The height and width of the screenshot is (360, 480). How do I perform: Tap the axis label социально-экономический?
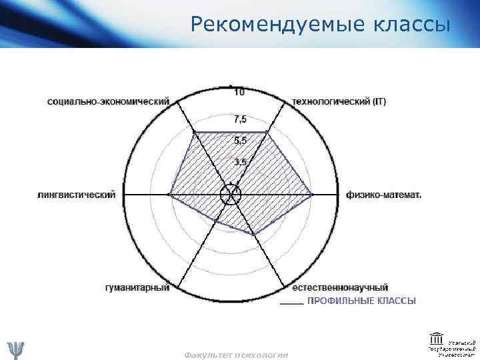pos(108,102)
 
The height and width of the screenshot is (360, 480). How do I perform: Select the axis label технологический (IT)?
pos(339,102)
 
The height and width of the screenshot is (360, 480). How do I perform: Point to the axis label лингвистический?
pos(76,195)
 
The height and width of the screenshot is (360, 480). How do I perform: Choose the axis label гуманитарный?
pos(137,287)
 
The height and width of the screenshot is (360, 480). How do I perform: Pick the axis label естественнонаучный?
pos(341,287)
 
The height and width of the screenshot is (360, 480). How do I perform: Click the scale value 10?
pos(239,92)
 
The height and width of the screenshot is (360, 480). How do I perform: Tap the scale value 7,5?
pos(239,119)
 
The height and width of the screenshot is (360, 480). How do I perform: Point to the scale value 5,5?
pos(239,141)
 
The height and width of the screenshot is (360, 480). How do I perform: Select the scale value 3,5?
pos(239,162)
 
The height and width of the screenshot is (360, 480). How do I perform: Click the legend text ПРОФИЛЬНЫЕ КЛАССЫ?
pos(361,301)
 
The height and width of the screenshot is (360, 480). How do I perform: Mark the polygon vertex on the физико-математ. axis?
pos(312,195)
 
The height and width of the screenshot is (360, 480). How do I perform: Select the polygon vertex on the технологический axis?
pos(267,133)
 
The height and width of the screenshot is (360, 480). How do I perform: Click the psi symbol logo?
pos(15,349)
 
